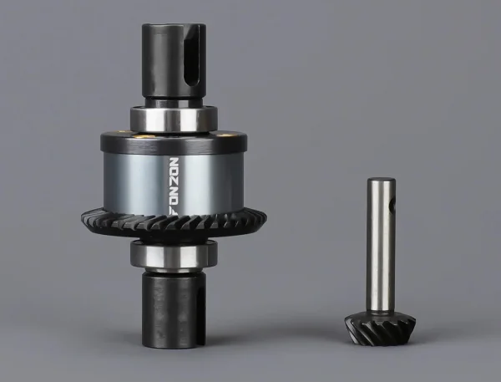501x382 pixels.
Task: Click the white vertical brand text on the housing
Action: click(175, 186)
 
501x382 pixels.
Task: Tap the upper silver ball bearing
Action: click(174, 119)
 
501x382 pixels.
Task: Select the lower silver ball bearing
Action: click(174, 255)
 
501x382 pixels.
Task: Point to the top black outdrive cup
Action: click(174, 60)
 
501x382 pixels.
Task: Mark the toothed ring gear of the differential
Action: click(174, 222)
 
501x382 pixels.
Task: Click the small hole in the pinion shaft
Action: click(393, 203)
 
